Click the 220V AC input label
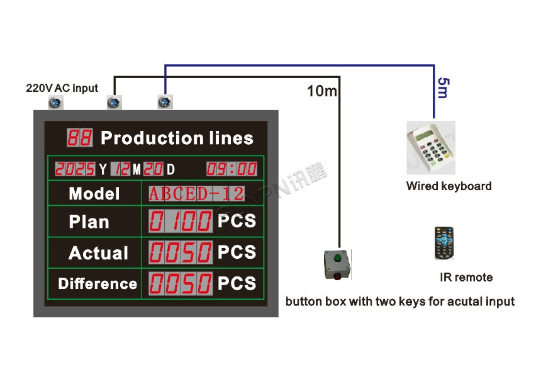[x=62, y=88]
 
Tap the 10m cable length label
[x=321, y=92]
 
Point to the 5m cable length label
[x=442, y=88]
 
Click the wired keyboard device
[x=431, y=150]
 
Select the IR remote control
[x=444, y=244]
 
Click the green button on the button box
[x=337, y=258]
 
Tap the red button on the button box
[x=337, y=275]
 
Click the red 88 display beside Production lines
[x=79, y=138]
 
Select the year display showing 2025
[x=75, y=169]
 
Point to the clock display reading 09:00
[x=231, y=169]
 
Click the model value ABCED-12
[x=196, y=193]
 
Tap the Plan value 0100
[x=181, y=222]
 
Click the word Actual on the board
[x=98, y=253]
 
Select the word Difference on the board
[x=98, y=283]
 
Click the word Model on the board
[x=94, y=193]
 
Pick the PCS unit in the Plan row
[x=237, y=221]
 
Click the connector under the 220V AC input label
[x=55, y=102]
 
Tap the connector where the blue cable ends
[x=164, y=101]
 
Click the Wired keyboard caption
[x=449, y=186]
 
